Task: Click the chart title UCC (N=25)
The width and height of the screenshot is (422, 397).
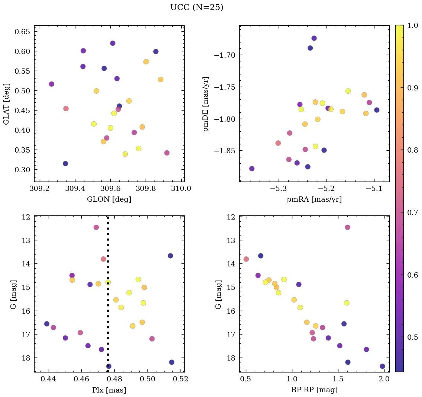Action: click(x=197, y=7)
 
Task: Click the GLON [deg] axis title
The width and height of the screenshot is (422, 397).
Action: click(x=109, y=199)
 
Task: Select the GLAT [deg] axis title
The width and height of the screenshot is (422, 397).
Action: click(x=6, y=104)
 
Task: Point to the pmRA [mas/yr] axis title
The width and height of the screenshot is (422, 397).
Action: click(x=314, y=199)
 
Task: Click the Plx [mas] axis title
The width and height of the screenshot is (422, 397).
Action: click(x=109, y=390)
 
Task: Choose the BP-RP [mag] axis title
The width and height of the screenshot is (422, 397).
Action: click(x=314, y=390)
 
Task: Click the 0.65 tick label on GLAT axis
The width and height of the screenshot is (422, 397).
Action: click(x=22, y=31)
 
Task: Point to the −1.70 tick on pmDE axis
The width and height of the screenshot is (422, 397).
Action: click(x=225, y=55)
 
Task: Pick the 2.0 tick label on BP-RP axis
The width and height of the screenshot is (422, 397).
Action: click(x=384, y=379)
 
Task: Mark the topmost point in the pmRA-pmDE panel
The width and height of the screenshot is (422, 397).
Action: click(x=314, y=38)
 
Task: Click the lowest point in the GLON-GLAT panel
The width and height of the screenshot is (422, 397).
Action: click(x=65, y=163)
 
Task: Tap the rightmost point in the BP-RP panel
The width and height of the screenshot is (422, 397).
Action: click(x=382, y=366)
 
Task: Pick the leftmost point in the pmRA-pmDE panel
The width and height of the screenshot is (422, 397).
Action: click(x=252, y=169)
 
